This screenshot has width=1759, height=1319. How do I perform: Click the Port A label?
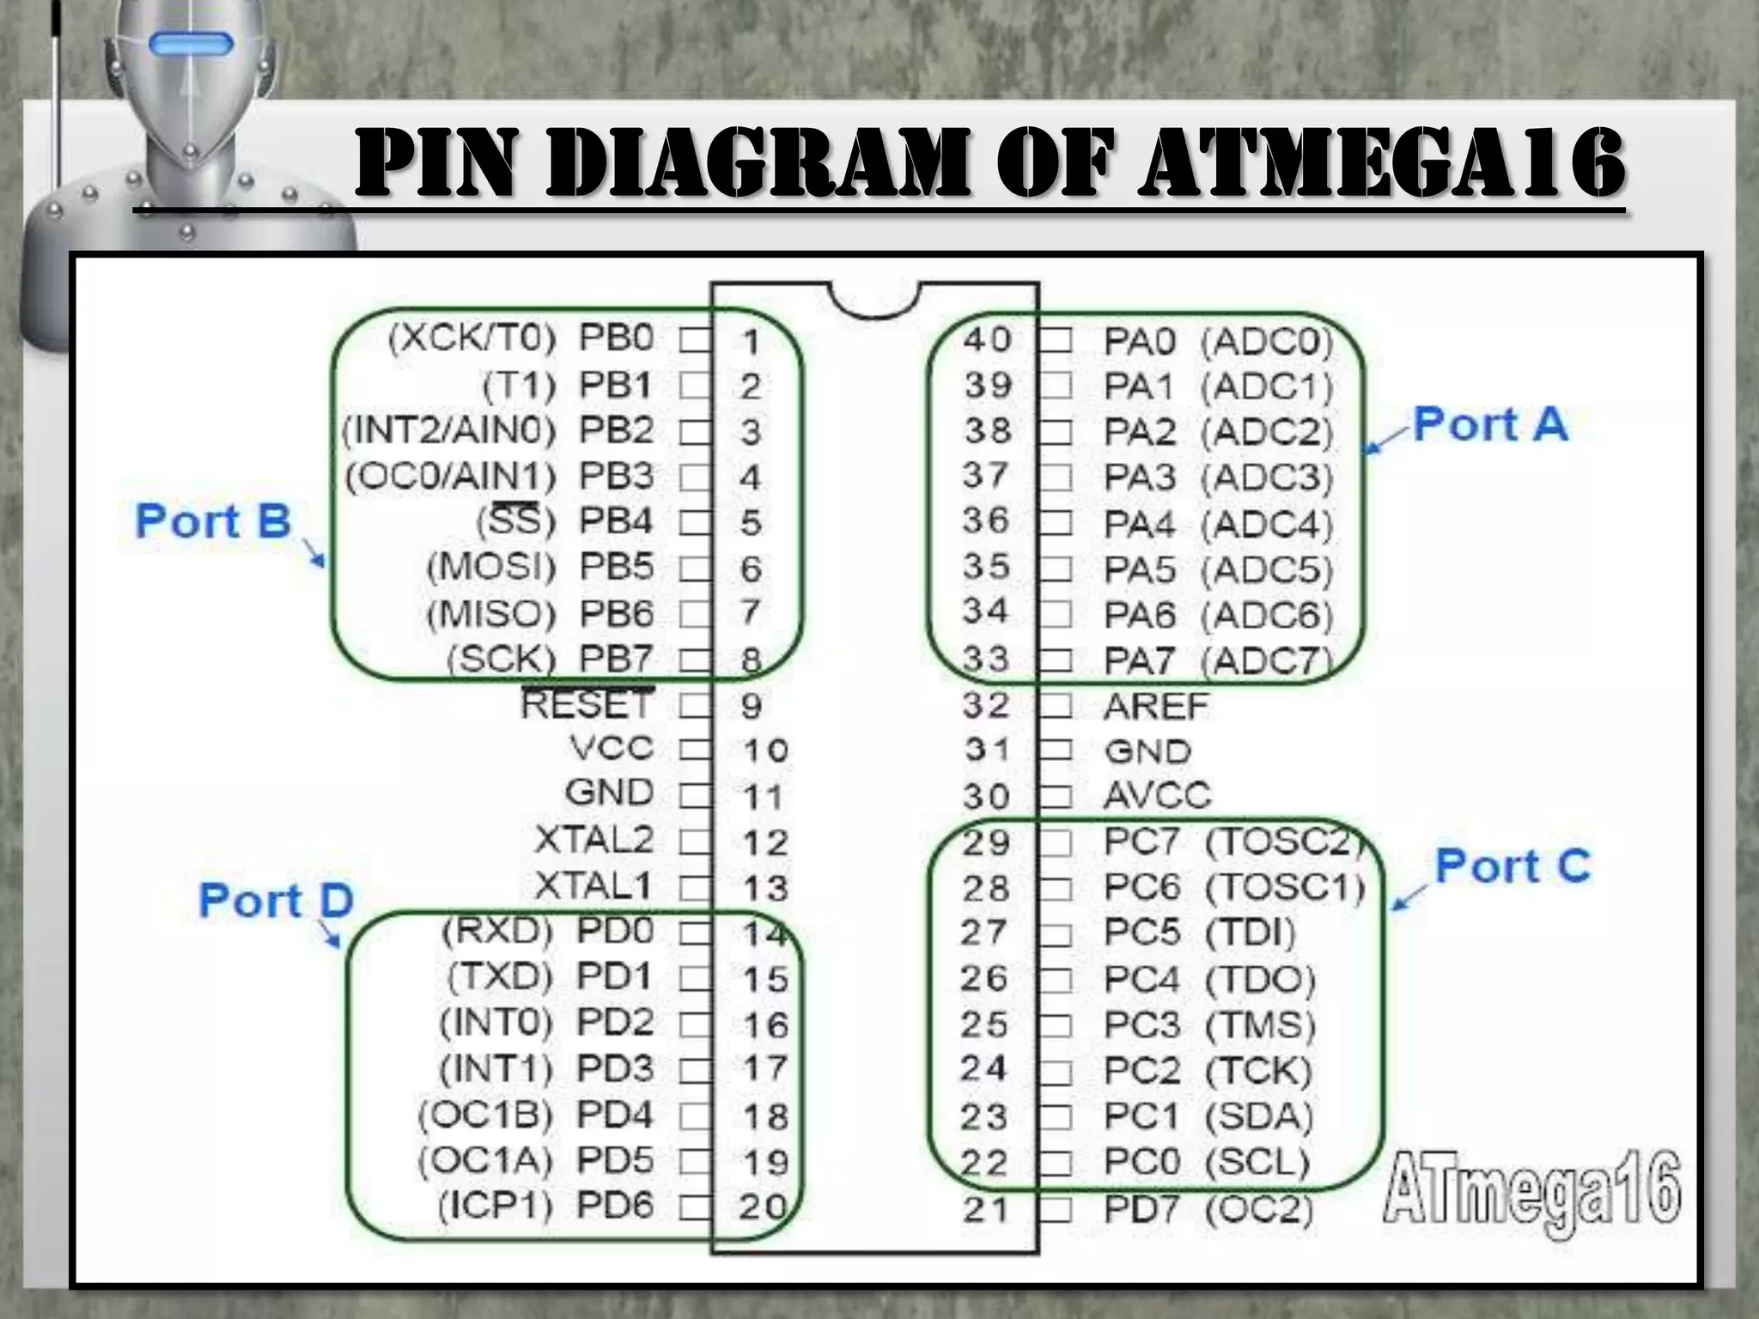tap(1490, 425)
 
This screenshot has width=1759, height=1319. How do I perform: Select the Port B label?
tap(213, 521)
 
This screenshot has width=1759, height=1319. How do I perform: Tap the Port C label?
tap(1512, 866)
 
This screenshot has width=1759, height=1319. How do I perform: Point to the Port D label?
tap(276, 901)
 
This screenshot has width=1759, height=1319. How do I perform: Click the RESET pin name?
tap(587, 705)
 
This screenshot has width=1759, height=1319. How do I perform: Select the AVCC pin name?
tap(1157, 796)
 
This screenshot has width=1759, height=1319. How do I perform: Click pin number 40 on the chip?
tap(987, 340)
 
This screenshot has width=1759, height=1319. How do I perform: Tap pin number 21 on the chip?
tap(984, 1210)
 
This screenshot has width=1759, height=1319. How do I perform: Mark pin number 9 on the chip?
tap(751, 706)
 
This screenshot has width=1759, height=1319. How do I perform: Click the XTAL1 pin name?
tap(593, 885)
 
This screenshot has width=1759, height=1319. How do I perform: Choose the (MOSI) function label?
tap(491, 567)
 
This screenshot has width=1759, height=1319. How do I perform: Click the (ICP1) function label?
tap(495, 1207)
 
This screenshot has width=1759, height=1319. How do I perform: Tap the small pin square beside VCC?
tap(694, 751)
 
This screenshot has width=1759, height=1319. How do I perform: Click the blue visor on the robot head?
tap(192, 45)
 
